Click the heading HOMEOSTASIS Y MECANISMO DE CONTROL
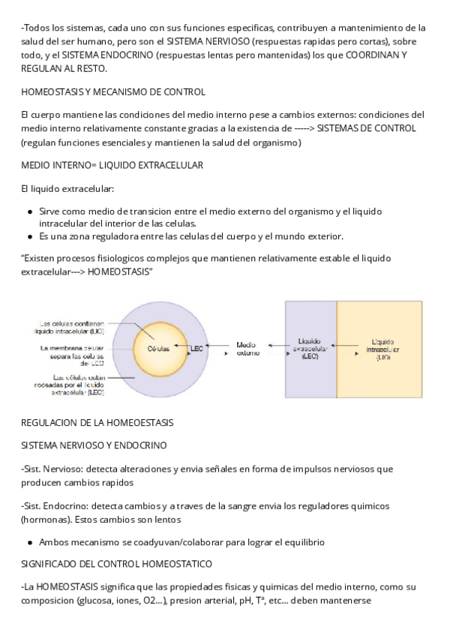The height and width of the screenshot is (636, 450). coord(113,92)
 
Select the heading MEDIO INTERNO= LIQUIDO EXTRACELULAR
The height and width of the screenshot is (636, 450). coord(112,164)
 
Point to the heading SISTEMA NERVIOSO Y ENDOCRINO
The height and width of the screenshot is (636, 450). coord(94,445)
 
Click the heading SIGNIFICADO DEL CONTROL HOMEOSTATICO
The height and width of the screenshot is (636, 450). coord(117,562)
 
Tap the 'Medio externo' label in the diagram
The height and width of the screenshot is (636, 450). coord(248,349)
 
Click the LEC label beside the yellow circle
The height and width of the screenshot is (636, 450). coord(197,349)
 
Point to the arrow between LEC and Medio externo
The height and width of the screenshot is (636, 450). coord(220,347)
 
